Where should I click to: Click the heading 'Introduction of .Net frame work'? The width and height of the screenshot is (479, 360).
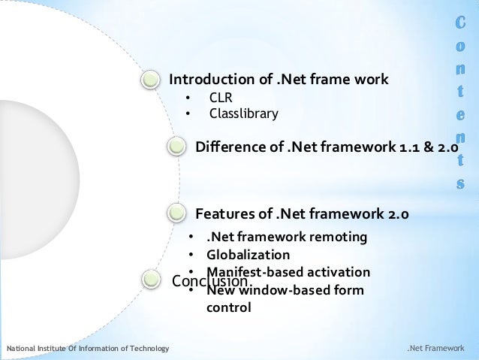coord(279,80)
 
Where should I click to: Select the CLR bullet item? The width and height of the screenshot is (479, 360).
coord(221,98)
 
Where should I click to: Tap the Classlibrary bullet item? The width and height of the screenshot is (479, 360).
coord(243,114)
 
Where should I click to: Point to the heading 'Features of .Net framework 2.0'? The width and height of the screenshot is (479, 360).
coord(302,213)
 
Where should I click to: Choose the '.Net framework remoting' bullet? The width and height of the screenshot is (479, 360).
coord(287,237)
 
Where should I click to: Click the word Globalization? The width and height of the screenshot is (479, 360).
coord(248,255)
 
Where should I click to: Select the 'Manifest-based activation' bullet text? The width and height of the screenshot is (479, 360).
coord(288,271)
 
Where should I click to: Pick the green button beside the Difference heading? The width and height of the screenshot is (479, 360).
coord(177,145)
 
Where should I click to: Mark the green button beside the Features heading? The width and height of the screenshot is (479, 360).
coord(176,213)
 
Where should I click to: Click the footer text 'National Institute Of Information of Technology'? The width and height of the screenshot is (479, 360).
coord(88,349)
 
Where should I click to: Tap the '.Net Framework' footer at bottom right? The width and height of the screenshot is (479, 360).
coord(436,349)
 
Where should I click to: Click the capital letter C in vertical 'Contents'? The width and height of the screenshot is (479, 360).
coord(460,24)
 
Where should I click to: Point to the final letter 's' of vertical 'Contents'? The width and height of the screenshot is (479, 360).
coord(460,183)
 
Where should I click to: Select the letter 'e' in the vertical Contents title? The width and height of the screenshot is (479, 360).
coord(460,117)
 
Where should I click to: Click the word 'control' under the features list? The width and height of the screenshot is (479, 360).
coord(229,307)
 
